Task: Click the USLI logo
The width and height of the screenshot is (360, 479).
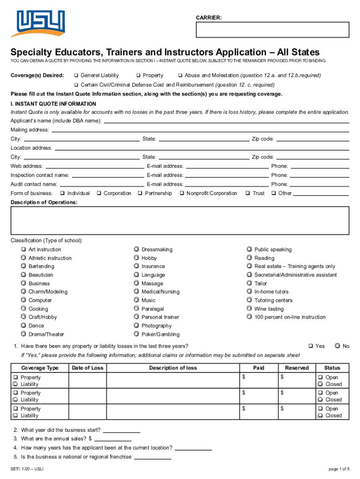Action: click(40, 23)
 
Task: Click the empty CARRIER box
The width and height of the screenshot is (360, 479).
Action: click(272, 30)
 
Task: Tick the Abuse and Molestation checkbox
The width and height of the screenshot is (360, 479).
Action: click(180, 75)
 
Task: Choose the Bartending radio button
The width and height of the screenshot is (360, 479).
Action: click(23, 266)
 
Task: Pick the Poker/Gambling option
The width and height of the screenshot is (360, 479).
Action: click(136, 334)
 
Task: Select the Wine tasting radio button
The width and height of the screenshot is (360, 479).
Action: click(249, 309)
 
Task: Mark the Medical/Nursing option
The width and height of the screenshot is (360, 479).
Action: click(136, 291)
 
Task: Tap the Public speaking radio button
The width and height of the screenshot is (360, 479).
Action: click(249, 249)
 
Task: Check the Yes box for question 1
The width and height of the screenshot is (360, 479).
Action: click(310, 346)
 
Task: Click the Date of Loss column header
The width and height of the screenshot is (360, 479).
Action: click(87, 368)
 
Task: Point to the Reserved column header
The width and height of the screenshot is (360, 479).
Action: click(296, 368)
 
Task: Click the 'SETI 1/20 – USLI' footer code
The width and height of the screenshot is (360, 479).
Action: click(27, 469)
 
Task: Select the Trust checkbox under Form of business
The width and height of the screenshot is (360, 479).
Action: click(248, 193)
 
